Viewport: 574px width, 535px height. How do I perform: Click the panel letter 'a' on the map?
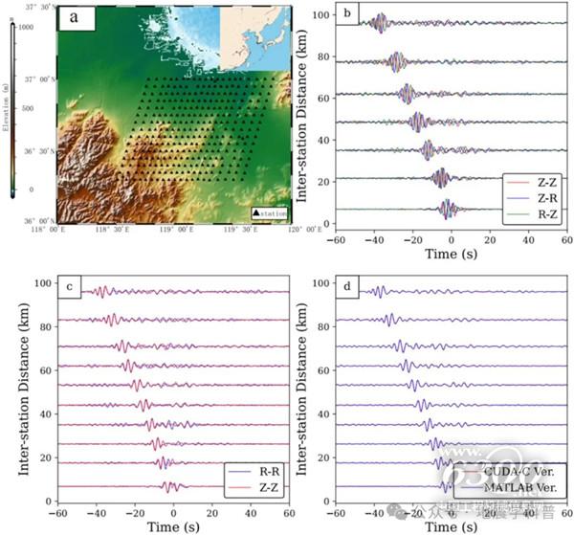tap(73, 18)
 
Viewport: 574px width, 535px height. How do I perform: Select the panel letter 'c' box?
tap(70, 286)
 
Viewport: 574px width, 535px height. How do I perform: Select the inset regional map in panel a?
tap(254, 38)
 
